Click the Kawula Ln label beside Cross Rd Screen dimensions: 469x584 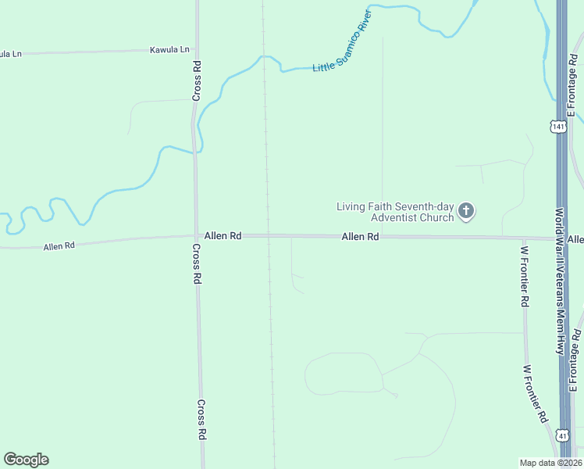coord(169,50)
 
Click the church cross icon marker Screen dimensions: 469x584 coord(466,210)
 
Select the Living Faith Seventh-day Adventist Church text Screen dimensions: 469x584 coord(395,212)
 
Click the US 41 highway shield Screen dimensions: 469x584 coord(563,435)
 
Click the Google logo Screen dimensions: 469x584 coord(26,460)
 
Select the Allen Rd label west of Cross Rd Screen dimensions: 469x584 coord(59,245)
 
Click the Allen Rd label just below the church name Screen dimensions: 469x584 coord(360,236)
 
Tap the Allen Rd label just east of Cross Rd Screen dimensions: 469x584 coord(223,235)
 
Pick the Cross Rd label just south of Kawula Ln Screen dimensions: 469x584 coord(198,81)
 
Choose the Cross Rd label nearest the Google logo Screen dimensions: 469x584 coord(201,420)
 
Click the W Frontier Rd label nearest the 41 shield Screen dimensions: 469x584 coord(536,394)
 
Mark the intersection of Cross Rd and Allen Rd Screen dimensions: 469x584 coord(195,235)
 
